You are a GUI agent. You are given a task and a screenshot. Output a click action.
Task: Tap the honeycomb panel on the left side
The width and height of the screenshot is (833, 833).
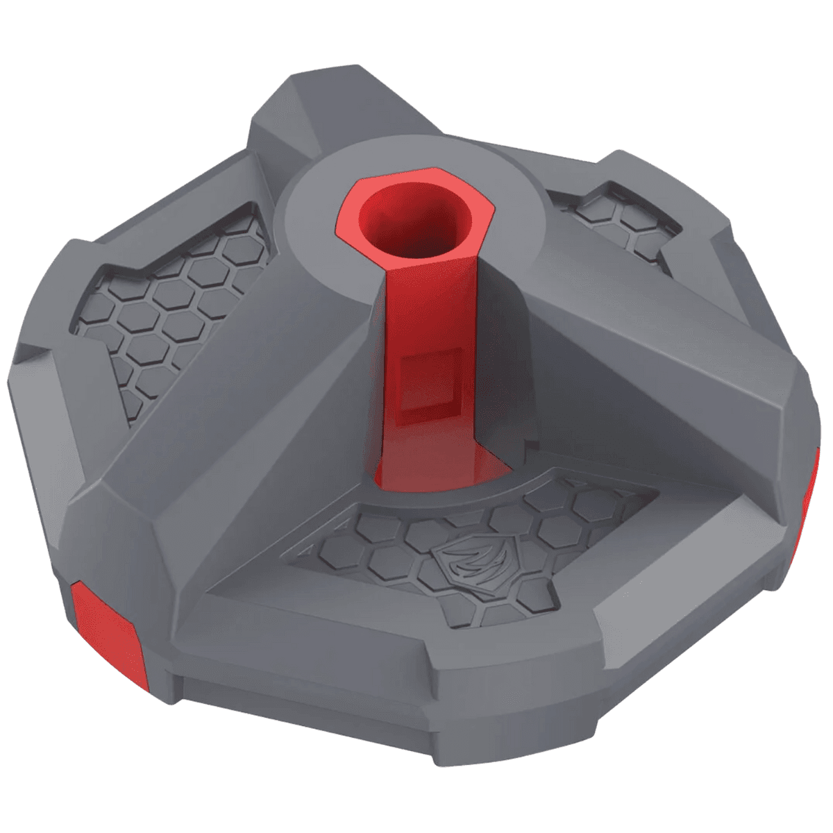pos(174,312)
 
